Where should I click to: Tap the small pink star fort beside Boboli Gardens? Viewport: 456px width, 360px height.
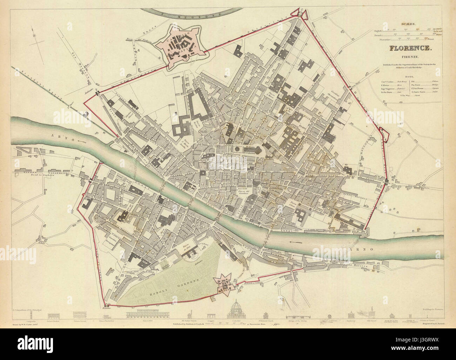click(224, 285)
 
